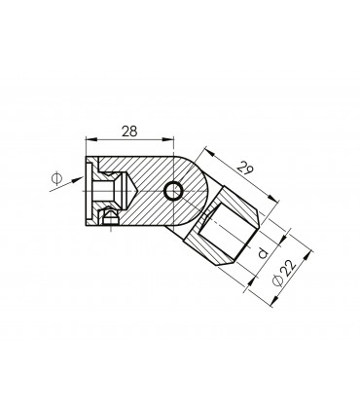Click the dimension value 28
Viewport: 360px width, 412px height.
[x=129, y=131]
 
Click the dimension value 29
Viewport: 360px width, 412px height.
[x=245, y=169]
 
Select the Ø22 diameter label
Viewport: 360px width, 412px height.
[x=285, y=273]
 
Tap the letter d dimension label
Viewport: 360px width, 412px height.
[x=263, y=252]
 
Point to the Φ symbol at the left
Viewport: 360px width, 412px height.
[x=56, y=178]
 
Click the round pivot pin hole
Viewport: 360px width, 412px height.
[x=173, y=191]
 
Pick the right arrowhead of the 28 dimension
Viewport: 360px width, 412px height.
[x=168, y=139]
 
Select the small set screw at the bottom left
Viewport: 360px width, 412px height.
[x=109, y=217]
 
